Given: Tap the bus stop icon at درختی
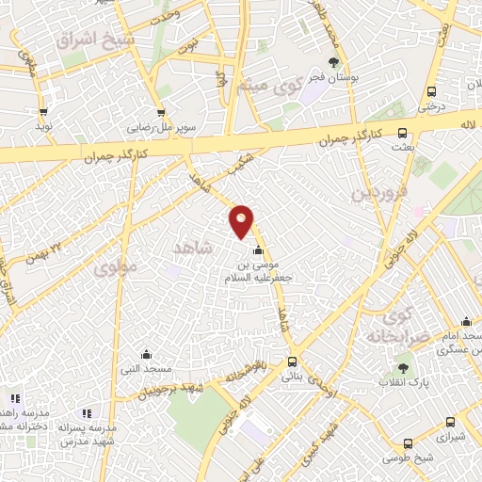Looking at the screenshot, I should pos(431,91).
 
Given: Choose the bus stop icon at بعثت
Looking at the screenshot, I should pos(402,134).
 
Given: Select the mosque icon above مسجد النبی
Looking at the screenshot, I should pos(146,355).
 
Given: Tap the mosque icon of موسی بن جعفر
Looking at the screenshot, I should pos(259,250).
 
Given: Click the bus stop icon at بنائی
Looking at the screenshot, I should pos(292,361).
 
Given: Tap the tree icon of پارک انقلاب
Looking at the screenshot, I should pos(405,367).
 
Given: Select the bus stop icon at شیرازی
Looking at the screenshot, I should pos(449,423).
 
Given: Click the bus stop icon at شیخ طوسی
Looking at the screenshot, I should pos(408,443).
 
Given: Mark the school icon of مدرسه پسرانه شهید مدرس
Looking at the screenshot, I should pos(87,414).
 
